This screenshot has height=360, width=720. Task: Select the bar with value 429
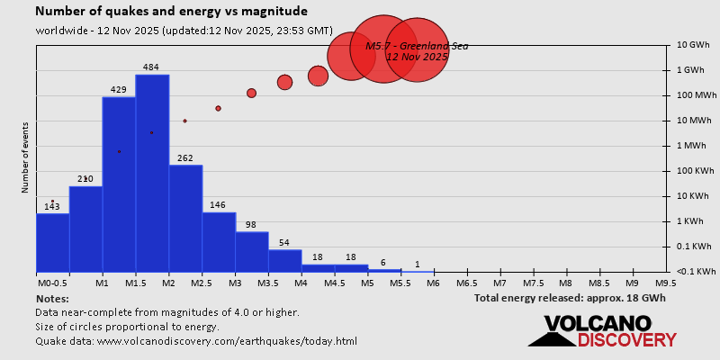[119, 184]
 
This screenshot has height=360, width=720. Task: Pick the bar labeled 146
[219, 241]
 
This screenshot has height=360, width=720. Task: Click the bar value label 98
[251, 224]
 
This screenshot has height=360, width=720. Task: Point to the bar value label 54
[284, 242]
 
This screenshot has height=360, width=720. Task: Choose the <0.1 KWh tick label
[695, 272]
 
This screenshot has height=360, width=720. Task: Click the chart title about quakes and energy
[172, 12]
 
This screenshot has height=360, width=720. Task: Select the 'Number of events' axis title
[26, 160]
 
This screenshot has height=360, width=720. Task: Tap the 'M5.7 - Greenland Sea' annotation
[416, 46]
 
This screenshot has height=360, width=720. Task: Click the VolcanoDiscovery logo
[602, 330]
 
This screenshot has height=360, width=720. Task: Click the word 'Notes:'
[52, 298]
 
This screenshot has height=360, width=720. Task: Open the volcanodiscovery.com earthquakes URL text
[196, 341]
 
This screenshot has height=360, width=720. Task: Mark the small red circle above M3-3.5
[251, 93]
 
